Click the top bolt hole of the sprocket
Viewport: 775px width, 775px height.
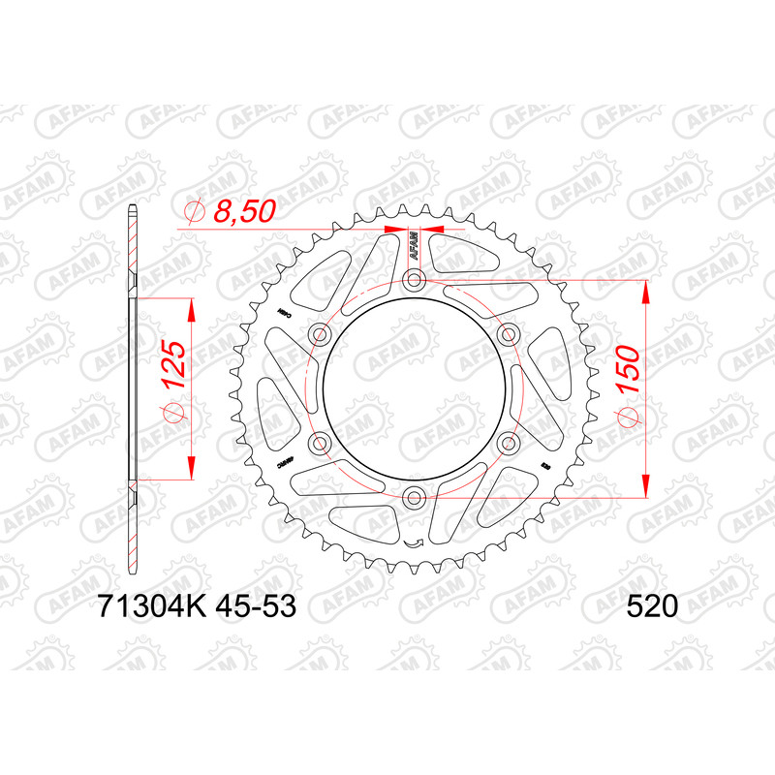(415, 281)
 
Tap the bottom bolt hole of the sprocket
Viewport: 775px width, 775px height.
(415, 499)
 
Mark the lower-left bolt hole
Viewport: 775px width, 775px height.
(320, 444)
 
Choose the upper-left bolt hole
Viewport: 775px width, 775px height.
(320, 335)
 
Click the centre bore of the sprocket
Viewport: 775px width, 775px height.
(415, 389)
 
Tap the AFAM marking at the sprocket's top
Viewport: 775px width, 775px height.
(414, 246)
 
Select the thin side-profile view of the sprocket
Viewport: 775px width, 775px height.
(132, 387)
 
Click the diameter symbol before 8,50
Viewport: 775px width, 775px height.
(193, 212)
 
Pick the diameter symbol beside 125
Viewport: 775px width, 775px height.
(173, 413)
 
